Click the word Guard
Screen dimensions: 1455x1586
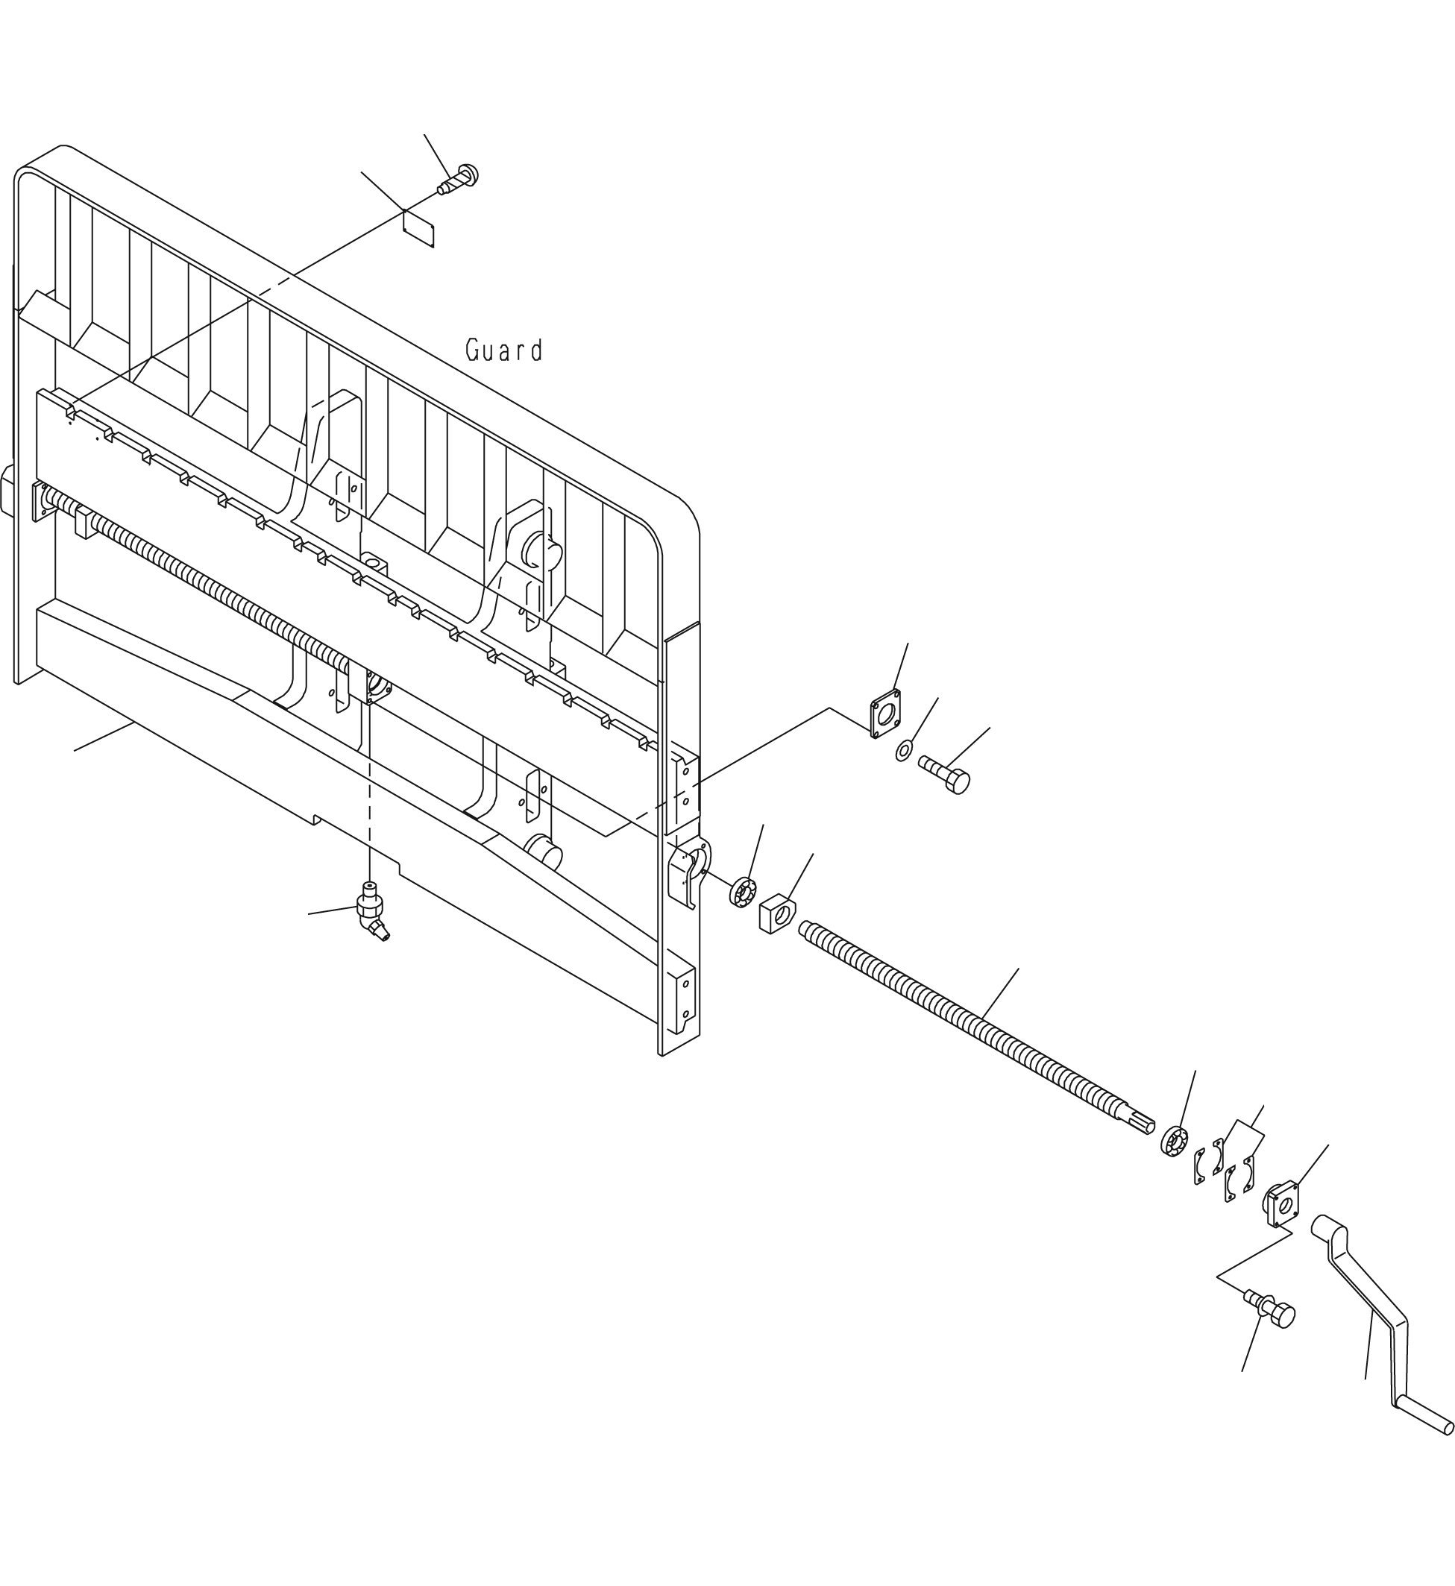pyautogui.click(x=504, y=350)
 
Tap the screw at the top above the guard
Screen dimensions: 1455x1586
pyautogui.click(x=458, y=180)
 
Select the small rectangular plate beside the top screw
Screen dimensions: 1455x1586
pyautogui.click(x=418, y=228)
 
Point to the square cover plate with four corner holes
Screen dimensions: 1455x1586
pyautogui.click(x=886, y=714)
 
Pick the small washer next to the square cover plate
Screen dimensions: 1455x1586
pyautogui.click(x=905, y=751)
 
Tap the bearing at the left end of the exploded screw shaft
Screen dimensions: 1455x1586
pyautogui.click(x=743, y=892)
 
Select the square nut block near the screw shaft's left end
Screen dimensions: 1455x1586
pyautogui.click(x=776, y=913)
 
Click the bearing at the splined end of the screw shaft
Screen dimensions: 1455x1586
pyautogui.click(x=1174, y=1142)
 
